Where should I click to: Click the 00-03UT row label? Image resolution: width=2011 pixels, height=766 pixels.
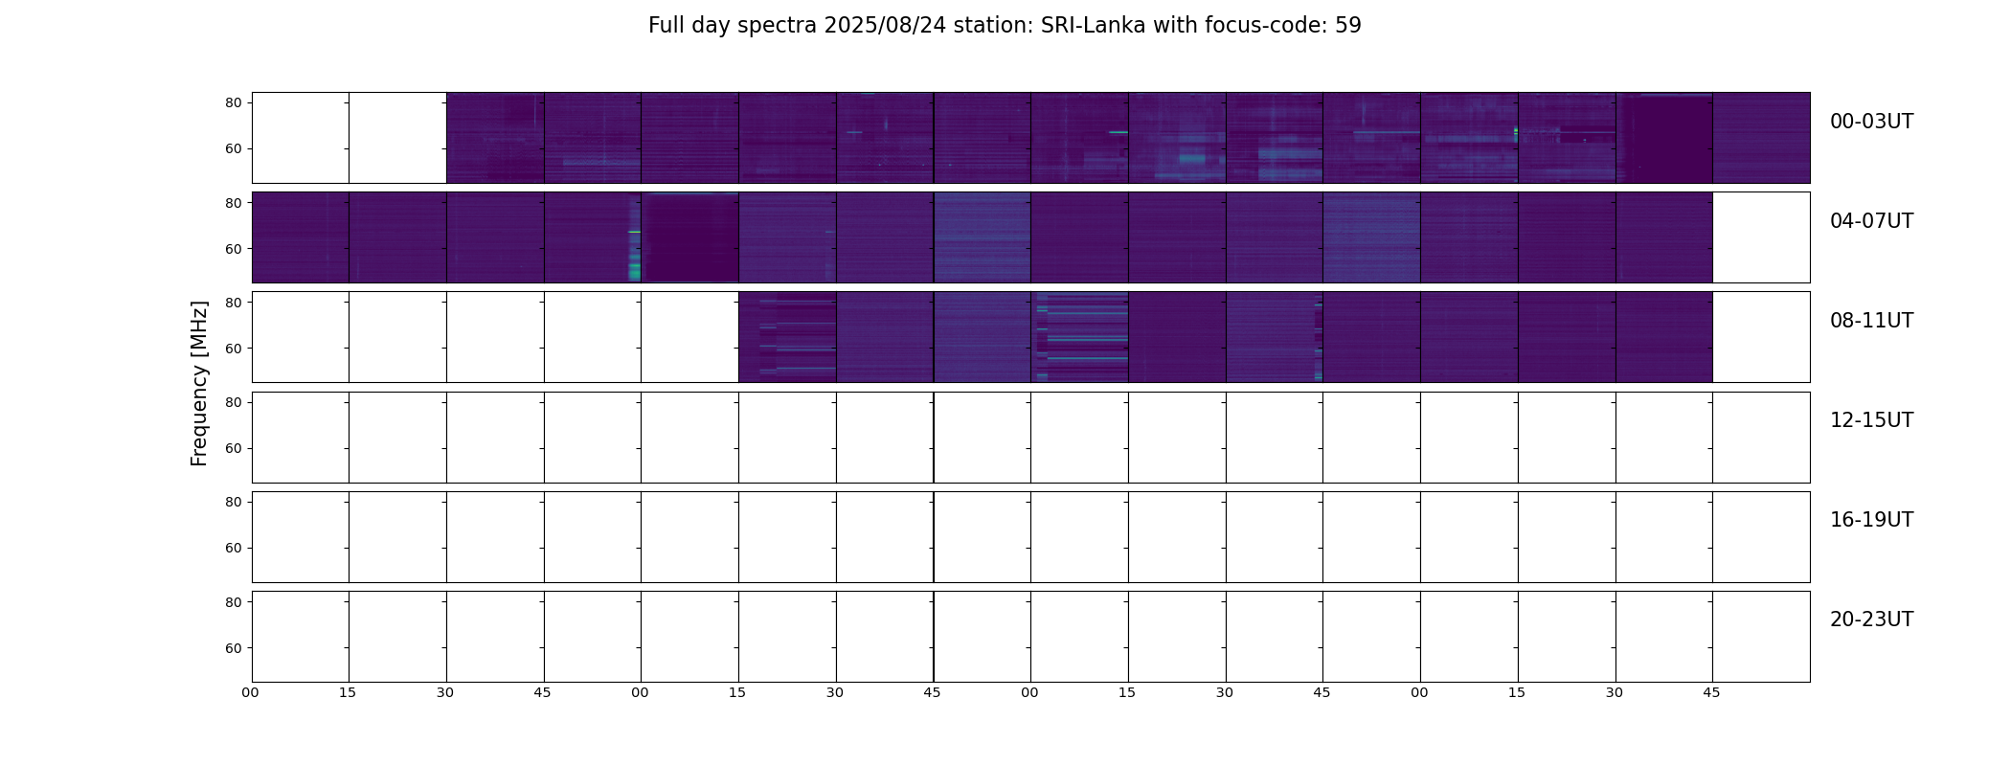pos(1871,122)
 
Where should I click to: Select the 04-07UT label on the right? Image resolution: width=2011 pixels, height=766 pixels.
pos(1871,221)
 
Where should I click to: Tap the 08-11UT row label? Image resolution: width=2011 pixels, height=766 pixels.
pos(1871,321)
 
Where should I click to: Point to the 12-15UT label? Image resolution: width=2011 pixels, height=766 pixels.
pos(1871,420)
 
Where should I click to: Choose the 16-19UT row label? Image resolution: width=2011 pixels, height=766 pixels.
pos(1871,520)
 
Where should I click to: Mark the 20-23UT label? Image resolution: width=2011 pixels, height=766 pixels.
pos(1871,620)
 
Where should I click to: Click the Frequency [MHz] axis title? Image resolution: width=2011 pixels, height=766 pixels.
pos(199,383)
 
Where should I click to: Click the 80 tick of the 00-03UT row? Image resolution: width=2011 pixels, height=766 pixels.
pos(234,103)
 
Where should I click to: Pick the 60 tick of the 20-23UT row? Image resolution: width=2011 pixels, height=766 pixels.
pos(234,648)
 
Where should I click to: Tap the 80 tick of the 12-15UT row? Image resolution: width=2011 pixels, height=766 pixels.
pos(234,403)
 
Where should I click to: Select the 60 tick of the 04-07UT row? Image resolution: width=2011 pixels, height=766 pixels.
pos(234,249)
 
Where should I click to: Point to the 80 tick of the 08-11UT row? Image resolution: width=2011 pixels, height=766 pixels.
pos(234,303)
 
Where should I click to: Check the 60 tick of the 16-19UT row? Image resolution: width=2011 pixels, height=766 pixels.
pos(234,549)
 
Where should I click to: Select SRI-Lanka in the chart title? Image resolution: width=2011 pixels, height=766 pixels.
pos(1093,26)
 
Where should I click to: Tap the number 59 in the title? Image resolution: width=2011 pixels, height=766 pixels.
pos(1347,26)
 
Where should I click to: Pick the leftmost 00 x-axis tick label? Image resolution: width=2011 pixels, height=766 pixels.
pos(251,693)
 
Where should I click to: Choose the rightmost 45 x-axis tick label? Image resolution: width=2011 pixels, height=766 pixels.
pos(1711,693)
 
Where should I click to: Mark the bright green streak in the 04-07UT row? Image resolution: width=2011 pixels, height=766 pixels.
pos(634,232)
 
